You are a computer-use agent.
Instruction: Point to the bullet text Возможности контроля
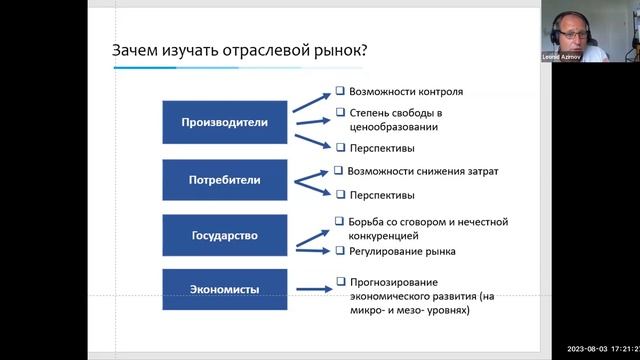point(400,91)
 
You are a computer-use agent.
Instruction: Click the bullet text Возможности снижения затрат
point(422,171)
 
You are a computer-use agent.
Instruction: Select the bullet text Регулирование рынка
point(400,251)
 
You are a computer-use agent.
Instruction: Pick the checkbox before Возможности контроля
point(340,91)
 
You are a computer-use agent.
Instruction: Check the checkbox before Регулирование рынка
point(340,251)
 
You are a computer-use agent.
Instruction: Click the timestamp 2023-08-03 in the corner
point(590,349)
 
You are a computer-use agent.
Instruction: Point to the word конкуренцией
point(384,236)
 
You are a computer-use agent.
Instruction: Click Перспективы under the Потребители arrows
point(382,194)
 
